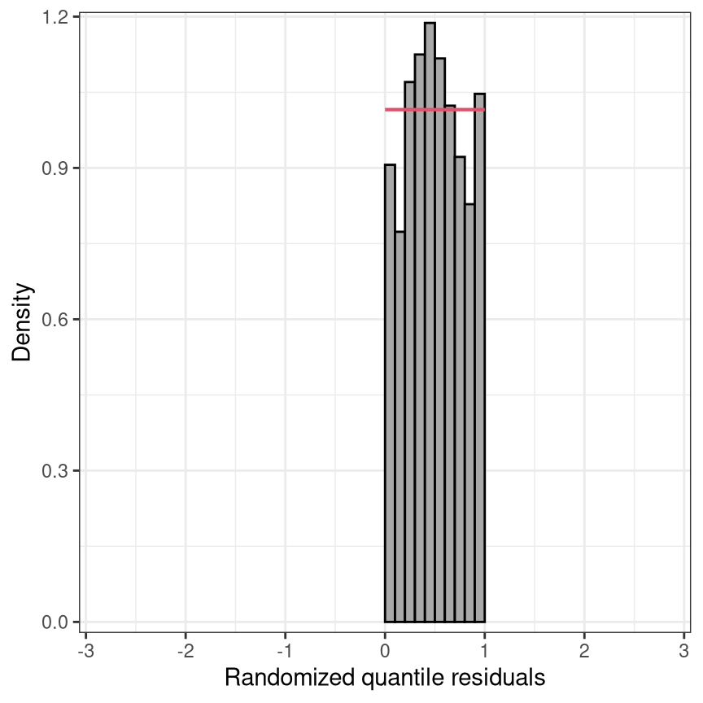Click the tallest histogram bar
point(430,322)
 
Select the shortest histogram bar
point(400,426)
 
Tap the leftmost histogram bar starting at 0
point(390,393)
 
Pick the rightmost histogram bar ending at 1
point(480,358)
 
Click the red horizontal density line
point(434,109)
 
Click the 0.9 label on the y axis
point(54,168)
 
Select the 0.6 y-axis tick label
point(54,320)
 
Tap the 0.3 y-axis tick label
point(54,471)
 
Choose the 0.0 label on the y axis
point(54,622)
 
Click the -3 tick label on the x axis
point(86,651)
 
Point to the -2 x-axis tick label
point(186,651)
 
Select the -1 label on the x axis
point(285,651)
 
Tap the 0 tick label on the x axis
point(385,651)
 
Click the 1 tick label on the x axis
point(485,651)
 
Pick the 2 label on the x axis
point(584,651)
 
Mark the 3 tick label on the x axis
point(683,651)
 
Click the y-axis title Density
point(21,322)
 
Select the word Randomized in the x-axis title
point(290,678)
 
